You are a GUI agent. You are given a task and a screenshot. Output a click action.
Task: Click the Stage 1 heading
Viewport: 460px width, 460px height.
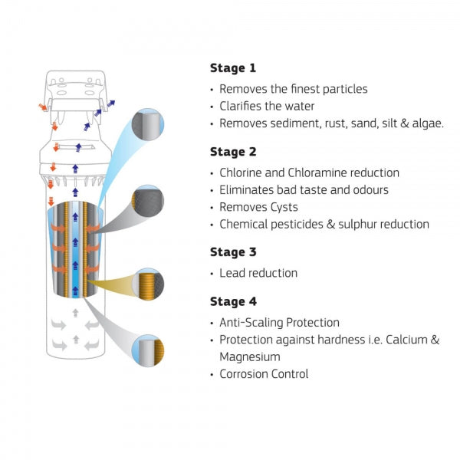235,67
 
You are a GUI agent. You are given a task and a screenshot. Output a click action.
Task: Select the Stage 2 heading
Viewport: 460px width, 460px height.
235,152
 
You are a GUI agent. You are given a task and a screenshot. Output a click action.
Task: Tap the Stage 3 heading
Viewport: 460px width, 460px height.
235,251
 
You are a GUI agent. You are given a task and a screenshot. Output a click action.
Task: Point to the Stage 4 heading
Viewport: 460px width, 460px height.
235,301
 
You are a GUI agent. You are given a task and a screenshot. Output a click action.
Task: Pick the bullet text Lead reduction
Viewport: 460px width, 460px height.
258,273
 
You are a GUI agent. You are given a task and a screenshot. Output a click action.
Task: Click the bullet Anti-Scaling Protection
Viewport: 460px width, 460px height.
279,323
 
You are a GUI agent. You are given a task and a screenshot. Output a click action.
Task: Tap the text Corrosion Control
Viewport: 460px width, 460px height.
264,374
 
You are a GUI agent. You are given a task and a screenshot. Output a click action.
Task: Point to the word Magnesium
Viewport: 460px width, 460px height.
249,356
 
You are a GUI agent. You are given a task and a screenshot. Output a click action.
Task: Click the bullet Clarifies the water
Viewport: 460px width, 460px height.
267,106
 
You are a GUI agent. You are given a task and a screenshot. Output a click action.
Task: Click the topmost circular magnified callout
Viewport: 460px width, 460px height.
146,124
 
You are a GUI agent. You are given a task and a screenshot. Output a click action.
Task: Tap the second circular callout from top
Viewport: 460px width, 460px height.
146,201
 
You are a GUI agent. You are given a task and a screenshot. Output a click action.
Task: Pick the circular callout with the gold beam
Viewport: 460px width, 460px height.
148,284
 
